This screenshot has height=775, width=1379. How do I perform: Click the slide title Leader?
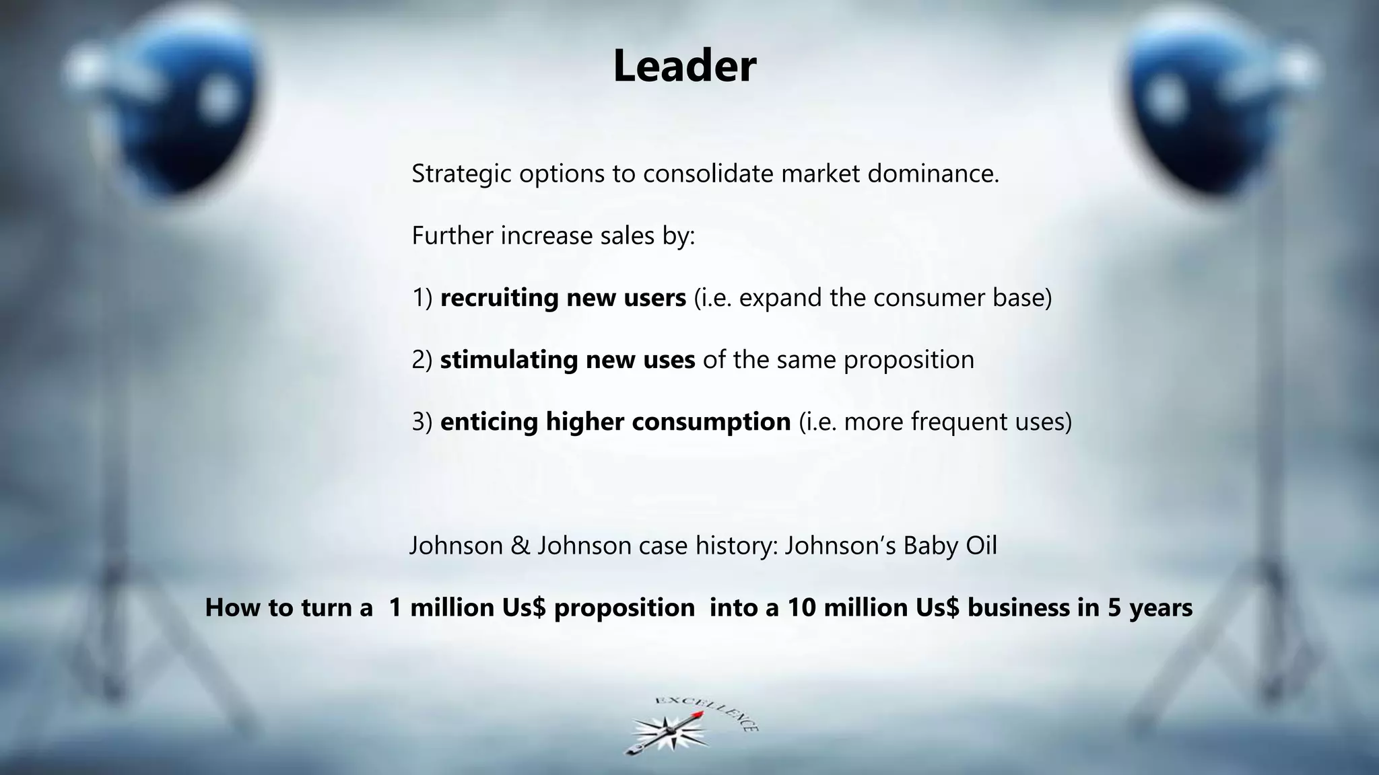(684, 67)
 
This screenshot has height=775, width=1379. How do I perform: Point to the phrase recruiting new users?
(563, 298)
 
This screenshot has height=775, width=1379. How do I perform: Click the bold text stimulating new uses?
(567, 360)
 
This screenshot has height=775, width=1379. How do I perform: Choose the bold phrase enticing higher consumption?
(615, 422)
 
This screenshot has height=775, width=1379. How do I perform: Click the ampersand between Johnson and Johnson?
(520, 546)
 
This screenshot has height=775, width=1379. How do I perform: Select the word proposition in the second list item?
(908, 360)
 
